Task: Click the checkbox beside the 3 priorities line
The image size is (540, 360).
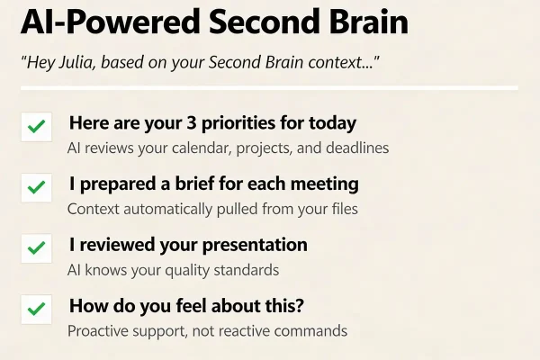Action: [x=37, y=127]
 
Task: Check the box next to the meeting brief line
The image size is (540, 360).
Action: [x=37, y=188]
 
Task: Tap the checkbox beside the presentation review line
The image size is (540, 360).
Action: [x=37, y=248]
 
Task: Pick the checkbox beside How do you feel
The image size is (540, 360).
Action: [x=37, y=310]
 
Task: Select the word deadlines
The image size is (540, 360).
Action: [x=357, y=148]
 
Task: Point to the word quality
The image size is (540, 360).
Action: [x=185, y=270]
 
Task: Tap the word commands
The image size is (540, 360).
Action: [x=310, y=330]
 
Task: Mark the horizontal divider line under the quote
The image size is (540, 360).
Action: [x=270, y=88]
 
